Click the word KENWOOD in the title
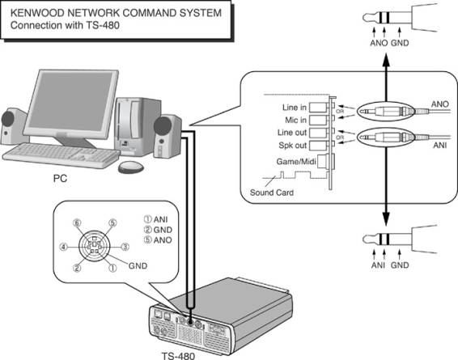pyautogui.click(x=36, y=13)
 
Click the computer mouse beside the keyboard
pyautogui.click(x=131, y=167)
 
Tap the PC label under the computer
pyautogui.click(x=60, y=178)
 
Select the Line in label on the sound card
pyautogui.click(x=295, y=108)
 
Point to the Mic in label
pyautogui.click(x=295, y=120)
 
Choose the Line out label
pyautogui.click(x=292, y=133)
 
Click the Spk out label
pyautogui.click(x=293, y=145)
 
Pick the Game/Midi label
pyautogui.click(x=296, y=162)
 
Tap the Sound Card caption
pyautogui.click(x=272, y=193)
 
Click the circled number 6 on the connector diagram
pyautogui.click(x=77, y=223)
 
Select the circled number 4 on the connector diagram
pyautogui.click(x=63, y=248)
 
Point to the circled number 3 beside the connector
pyautogui.click(x=125, y=247)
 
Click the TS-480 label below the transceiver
pyautogui.click(x=178, y=356)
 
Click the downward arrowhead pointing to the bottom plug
pyautogui.click(x=386, y=219)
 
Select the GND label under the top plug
pyautogui.click(x=400, y=43)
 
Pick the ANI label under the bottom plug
pyautogui.click(x=378, y=265)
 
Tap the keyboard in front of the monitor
pyautogui.click(x=61, y=155)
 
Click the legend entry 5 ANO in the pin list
pyautogui.click(x=158, y=240)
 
